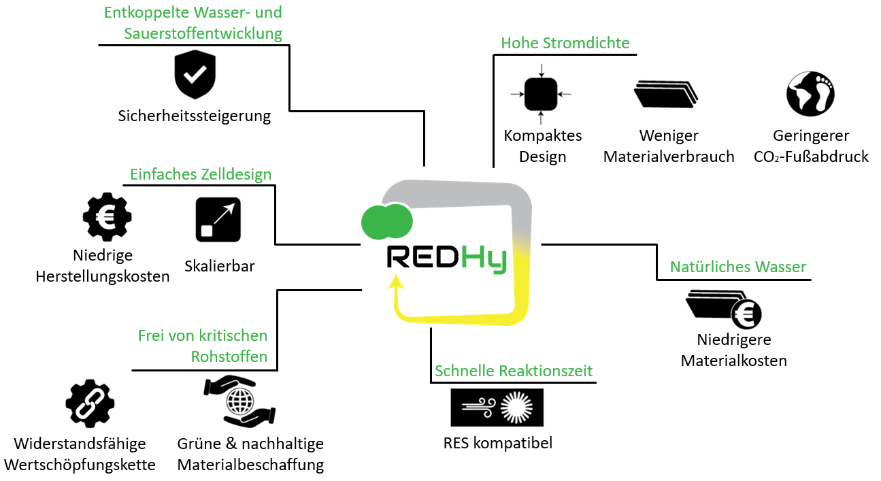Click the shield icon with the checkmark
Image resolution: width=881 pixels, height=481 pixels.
pyautogui.click(x=195, y=75)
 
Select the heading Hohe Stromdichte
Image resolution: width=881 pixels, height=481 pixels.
pyautogui.click(x=565, y=43)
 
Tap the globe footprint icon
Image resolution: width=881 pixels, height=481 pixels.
pyautogui.click(x=810, y=93)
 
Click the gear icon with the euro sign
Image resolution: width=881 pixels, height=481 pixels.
pyautogui.click(x=107, y=218)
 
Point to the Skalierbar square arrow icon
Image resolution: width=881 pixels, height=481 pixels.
pyautogui.click(x=218, y=219)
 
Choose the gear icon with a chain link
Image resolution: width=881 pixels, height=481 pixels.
pyautogui.click(x=90, y=404)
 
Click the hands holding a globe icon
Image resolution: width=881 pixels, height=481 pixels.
pyautogui.click(x=239, y=401)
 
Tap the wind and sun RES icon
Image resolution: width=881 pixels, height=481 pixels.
pyautogui.click(x=497, y=408)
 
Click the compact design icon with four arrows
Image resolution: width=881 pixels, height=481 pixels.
pyautogui.click(x=541, y=94)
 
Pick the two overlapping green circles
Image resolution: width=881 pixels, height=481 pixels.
pyautogui.click(x=387, y=220)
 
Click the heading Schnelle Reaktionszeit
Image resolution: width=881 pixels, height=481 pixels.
pyautogui.click(x=514, y=371)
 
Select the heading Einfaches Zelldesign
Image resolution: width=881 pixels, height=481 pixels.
pyautogui.click(x=201, y=174)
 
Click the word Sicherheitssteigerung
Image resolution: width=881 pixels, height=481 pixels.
pyautogui.click(x=195, y=116)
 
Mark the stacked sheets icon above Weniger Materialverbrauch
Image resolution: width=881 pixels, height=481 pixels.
pyautogui.click(x=666, y=95)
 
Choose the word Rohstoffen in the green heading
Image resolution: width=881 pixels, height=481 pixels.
pyautogui.click(x=229, y=356)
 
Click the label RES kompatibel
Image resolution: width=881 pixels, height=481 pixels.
pyautogui.click(x=497, y=444)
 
